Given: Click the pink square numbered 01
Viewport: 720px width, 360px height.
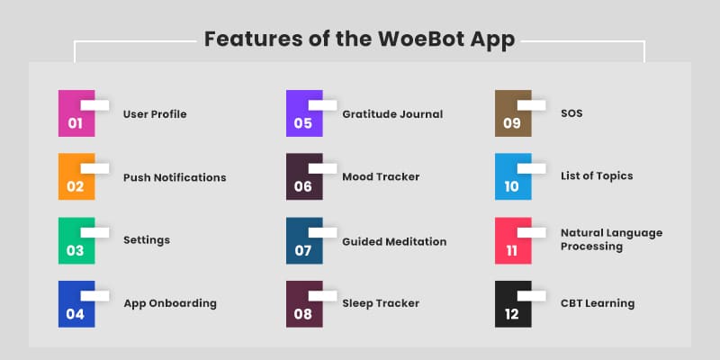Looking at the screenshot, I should click(76, 114).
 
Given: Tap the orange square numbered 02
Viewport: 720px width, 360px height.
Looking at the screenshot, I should click(76, 177).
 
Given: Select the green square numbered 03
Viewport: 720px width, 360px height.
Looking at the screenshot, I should click(76, 240).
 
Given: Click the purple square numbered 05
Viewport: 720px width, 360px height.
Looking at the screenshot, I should click(303, 114).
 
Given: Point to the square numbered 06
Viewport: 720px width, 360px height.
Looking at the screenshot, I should click(303, 177).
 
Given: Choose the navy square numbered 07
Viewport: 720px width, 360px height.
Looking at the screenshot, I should click(303, 240).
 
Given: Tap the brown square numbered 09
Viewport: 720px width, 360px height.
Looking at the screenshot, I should click(512, 114).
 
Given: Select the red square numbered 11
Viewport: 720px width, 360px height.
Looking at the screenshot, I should click(512, 240).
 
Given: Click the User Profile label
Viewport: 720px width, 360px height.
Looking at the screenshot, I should click(155, 114).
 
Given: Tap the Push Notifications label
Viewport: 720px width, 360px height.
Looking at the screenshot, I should click(175, 177).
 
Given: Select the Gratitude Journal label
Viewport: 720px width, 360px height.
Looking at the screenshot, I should click(392, 114).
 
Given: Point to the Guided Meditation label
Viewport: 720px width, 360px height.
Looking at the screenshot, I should click(394, 241).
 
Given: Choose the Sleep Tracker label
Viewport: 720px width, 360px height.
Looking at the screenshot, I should click(381, 303).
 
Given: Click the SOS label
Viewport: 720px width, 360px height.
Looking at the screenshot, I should click(571, 114).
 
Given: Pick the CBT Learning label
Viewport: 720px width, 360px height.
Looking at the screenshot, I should click(598, 303).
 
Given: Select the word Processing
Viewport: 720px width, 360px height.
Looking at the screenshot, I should click(591, 246).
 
